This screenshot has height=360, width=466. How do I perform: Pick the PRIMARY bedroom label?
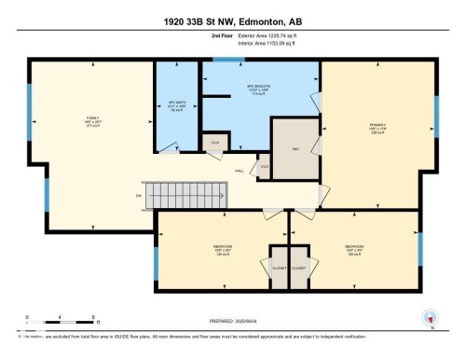(377, 125)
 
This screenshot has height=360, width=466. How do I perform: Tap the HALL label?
(240, 171)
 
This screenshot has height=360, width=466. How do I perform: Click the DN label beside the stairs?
(139, 195)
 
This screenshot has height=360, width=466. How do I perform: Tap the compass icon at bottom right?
(430, 316)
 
